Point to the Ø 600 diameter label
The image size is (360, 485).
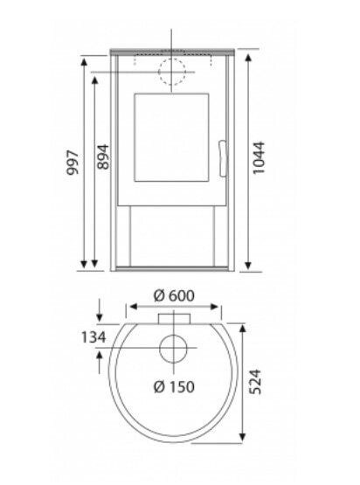[x=173, y=294]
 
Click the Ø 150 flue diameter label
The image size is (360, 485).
[x=173, y=386]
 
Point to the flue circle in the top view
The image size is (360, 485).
[x=173, y=347]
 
